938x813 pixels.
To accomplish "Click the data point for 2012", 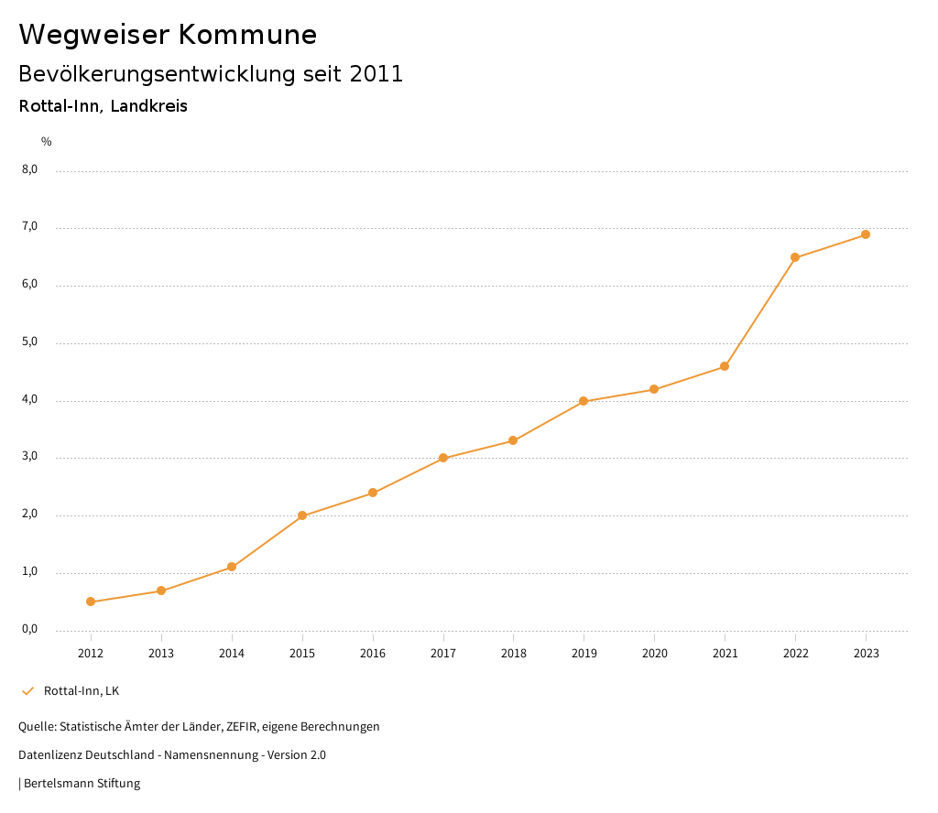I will (91, 602).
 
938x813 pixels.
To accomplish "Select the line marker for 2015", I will (302, 515).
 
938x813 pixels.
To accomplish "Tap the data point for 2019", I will (584, 401).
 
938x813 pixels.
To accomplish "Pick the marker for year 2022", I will (795, 257).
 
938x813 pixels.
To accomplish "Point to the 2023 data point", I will (866, 234).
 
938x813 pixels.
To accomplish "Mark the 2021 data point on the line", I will (725, 366).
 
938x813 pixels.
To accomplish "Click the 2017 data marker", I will (443, 458).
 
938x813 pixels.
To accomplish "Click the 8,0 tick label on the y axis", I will (30, 169).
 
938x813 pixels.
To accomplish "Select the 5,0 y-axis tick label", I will (30, 341).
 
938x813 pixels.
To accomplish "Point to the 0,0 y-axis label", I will (30, 629).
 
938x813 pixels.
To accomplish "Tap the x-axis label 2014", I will (232, 654).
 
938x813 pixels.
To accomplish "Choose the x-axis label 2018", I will (513, 654).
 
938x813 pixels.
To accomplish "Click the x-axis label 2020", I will (654, 654).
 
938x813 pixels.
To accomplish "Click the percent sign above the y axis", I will (47, 142).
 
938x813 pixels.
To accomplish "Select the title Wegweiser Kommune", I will (168, 35).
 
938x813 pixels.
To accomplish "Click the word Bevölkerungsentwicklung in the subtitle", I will (155, 74).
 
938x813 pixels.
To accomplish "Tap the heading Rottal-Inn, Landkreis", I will (103, 106).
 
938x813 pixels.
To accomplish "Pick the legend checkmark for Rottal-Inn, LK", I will (27, 691).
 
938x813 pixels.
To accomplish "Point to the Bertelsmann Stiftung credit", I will (82, 784).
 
